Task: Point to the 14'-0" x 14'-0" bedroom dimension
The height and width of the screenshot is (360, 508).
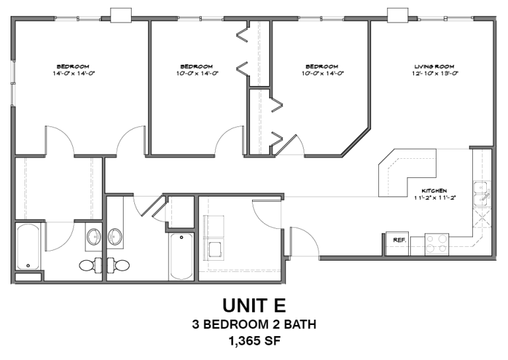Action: pos(73,73)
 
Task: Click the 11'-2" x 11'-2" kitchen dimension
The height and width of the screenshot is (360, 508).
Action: pos(435,197)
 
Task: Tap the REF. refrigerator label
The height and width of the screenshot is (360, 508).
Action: pos(399,240)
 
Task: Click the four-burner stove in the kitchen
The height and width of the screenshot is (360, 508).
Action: pos(437,244)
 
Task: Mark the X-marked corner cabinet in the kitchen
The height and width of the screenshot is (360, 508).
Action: pos(482,215)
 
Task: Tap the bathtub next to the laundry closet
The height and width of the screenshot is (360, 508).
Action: pos(181,256)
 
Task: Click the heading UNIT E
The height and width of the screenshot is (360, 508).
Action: pos(254,306)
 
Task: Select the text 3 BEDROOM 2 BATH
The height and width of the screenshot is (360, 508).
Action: pos(254,324)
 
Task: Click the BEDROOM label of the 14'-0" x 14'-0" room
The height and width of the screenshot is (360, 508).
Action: pos(73,66)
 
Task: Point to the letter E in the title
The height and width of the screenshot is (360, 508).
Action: pos(279,306)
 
